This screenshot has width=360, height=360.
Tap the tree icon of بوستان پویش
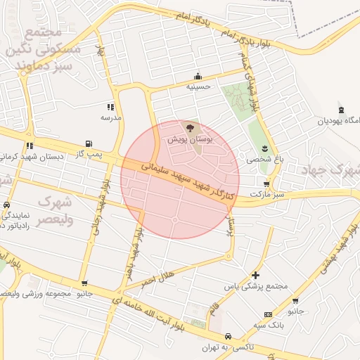[189, 128]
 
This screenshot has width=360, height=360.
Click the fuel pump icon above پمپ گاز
[88, 143]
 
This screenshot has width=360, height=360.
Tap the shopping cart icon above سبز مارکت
[266, 184]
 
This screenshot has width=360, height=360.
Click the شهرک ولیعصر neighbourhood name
[55, 209]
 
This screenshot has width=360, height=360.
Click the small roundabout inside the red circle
[174, 219]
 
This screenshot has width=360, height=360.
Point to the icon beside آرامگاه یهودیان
[341, 110]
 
